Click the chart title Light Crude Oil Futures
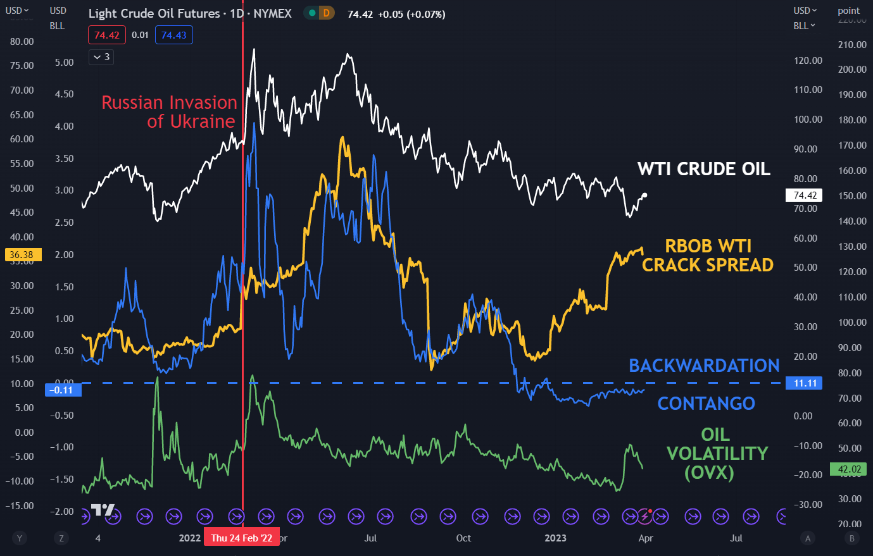point(154,13)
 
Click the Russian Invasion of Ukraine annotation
point(169,111)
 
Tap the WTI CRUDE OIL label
point(703,169)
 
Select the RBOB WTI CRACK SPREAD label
point(707,255)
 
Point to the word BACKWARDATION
point(703,366)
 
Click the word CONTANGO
point(706,404)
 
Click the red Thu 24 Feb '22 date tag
point(242,538)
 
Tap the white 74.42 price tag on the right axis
point(805,195)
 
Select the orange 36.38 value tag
point(22,255)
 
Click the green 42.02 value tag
point(848,469)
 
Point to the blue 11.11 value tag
point(805,383)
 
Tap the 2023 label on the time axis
point(555,538)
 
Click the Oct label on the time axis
point(463,538)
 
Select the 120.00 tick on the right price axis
point(808,61)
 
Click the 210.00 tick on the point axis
point(851,45)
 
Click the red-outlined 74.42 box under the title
point(107,35)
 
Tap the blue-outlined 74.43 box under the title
point(173,35)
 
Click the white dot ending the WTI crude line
point(644,195)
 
